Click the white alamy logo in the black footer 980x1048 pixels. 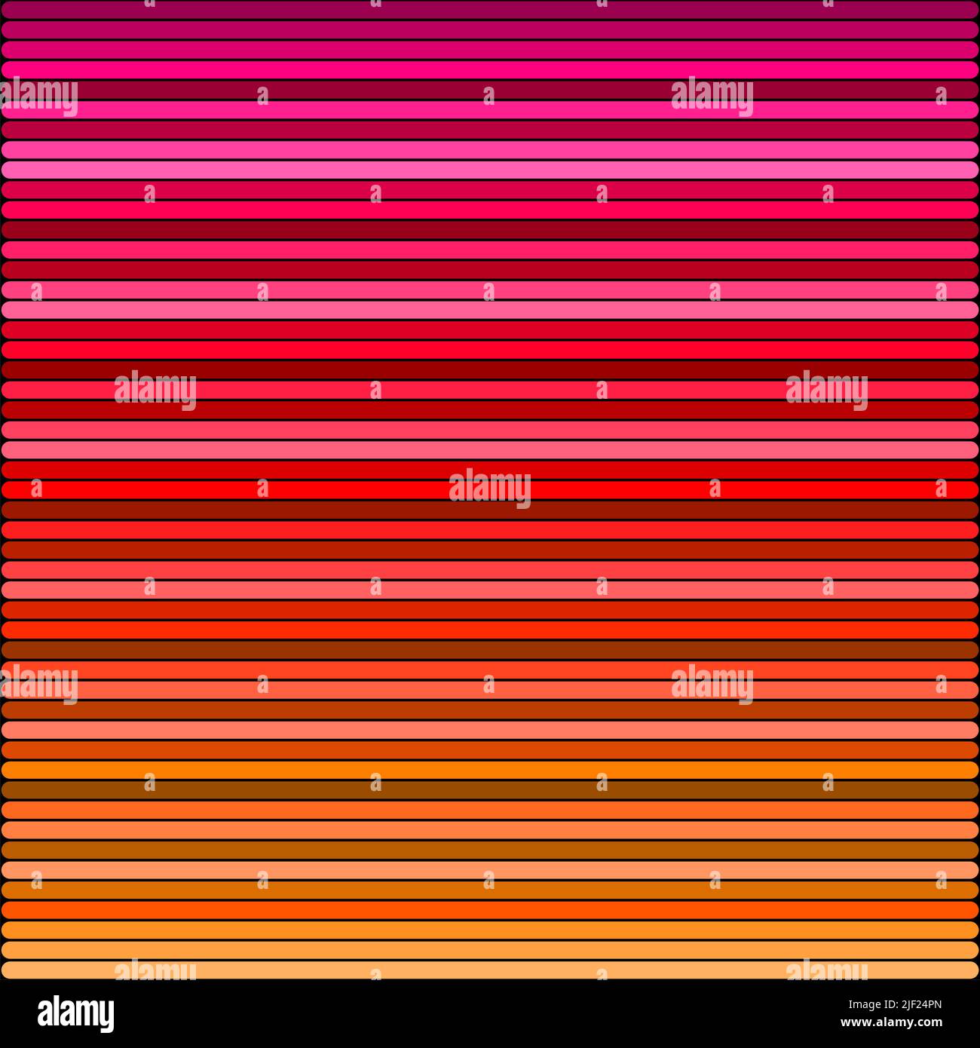(75, 1014)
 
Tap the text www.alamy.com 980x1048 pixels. (891, 1023)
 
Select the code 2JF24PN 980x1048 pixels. (916, 1004)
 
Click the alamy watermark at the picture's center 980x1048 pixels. (490, 488)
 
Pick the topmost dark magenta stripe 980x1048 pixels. (490, 10)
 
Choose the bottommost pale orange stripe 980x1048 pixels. (490, 970)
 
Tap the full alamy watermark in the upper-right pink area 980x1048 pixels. (712, 96)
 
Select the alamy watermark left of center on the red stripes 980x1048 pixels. (155, 390)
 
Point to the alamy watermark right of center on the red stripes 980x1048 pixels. (826, 390)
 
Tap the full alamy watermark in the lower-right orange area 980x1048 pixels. (712, 684)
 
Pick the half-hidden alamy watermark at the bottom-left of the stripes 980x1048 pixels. (155, 970)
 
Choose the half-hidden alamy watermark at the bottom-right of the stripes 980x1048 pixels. (826, 970)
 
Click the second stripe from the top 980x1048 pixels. (490, 30)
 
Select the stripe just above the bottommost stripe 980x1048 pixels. (490, 950)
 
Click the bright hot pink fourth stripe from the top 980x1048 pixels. (490, 70)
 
